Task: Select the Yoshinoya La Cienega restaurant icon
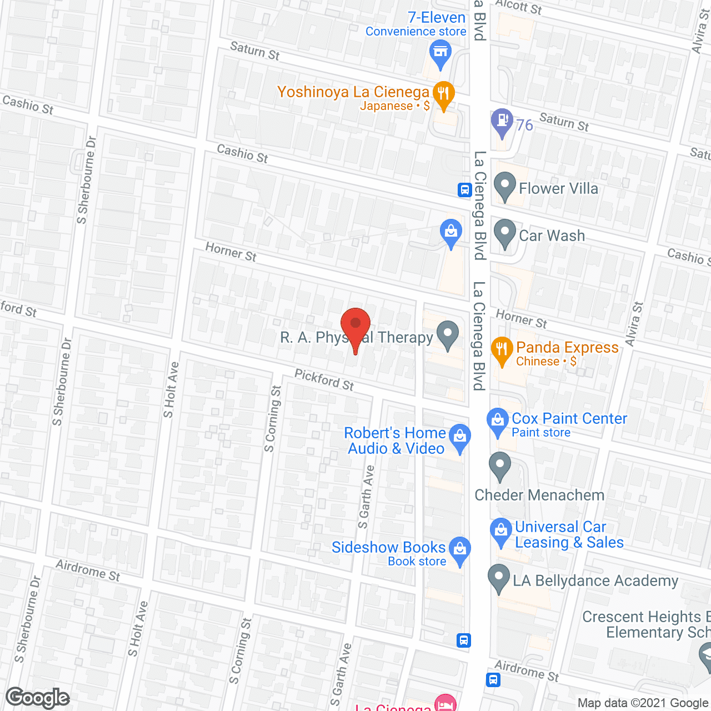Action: click(443, 94)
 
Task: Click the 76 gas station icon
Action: click(502, 121)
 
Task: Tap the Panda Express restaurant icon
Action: click(502, 351)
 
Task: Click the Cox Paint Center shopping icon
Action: click(498, 422)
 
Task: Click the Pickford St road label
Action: click(324, 380)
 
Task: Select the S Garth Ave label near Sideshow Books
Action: click(366, 497)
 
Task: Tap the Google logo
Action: click(38, 698)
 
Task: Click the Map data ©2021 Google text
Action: click(643, 703)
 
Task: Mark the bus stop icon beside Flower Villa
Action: click(465, 190)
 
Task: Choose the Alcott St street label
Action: click(519, 7)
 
